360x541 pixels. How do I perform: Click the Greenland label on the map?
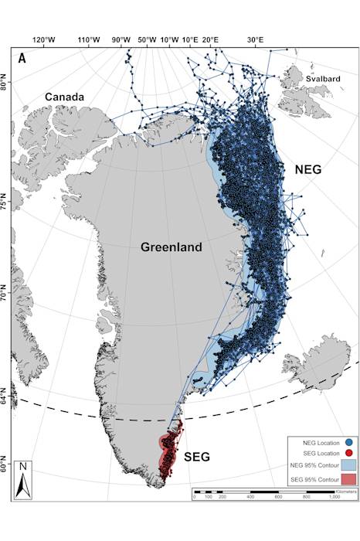coord(171,247)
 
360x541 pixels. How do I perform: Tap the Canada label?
coord(65,97)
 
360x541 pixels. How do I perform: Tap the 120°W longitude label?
coord(44,39)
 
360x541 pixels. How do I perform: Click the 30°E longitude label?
coord(256,39)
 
